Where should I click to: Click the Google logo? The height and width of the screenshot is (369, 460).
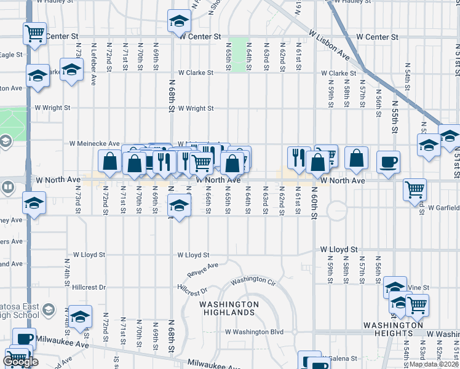[20, 362]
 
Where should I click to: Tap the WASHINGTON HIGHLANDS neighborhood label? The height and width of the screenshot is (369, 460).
[229, 308]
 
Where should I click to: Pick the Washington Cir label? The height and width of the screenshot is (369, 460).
[253, 280]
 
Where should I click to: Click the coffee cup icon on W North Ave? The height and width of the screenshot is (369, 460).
[388, 162]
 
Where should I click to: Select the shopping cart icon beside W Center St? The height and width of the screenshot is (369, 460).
[35, 33]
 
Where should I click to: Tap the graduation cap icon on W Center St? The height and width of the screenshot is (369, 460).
[179, 22]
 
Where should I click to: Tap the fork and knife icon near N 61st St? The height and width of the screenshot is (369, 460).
[298, 157]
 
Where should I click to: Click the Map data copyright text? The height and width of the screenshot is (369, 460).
[434, 364]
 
